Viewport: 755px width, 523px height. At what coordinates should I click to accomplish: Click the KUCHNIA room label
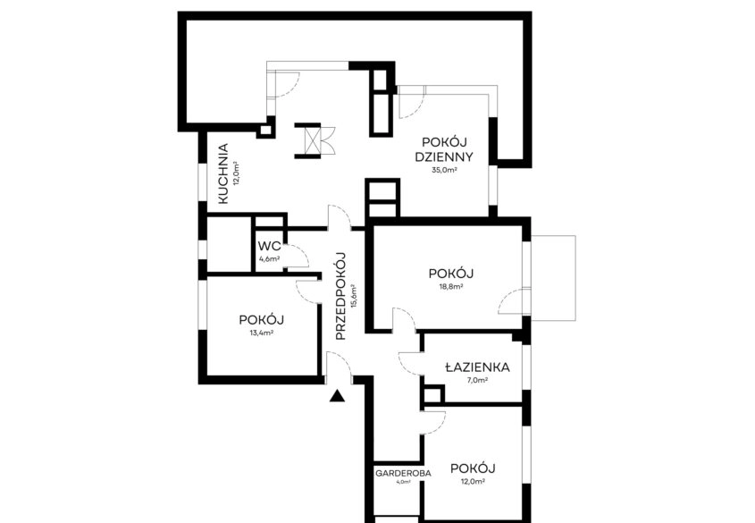click(223, 173)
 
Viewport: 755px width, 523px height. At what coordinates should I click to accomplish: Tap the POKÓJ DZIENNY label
click(444, 149)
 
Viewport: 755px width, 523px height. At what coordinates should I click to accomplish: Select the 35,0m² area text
click(444, 170)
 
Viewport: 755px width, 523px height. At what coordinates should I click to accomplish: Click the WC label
click(269, 246)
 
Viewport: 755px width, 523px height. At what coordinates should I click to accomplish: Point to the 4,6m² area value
click(270, 258)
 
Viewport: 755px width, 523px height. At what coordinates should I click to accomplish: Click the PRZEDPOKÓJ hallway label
click(341, 296)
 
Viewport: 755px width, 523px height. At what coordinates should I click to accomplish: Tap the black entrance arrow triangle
click(338, 396)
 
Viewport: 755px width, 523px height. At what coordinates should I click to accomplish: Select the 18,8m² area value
click(451, 287)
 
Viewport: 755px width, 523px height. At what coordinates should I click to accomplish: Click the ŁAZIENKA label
click(477, 367)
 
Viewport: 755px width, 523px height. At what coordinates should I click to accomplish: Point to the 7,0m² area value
click(477, 380)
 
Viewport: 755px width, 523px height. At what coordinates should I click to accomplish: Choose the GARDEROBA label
click(403, 473)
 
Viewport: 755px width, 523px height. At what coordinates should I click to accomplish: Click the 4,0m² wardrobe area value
click(404, 481)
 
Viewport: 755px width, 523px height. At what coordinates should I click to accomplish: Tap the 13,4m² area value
click(262, 333)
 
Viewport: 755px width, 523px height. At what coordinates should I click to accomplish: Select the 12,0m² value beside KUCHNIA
click(237, 173)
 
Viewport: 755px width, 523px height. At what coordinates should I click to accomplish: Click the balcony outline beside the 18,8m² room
click(553, 278)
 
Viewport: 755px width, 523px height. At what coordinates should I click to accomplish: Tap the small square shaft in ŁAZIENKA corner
click(432, 394)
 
